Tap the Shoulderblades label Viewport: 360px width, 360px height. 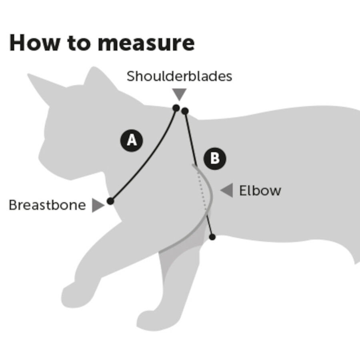(179, 76)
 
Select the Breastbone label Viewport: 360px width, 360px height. (47, 205)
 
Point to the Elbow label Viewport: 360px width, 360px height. (260, 190)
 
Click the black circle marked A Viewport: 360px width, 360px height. (132, 140)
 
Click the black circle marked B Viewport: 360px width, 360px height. (215, 159)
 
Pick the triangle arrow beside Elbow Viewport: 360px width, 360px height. (227, 190)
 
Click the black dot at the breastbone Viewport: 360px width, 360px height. (110, 201)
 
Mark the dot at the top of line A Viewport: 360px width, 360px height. (176, 108)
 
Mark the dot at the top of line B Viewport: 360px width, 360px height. (185, 111)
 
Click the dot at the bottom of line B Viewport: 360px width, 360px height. (212, 237)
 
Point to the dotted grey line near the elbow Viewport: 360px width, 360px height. (202, 191)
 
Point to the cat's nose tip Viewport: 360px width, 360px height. (40, 156)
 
